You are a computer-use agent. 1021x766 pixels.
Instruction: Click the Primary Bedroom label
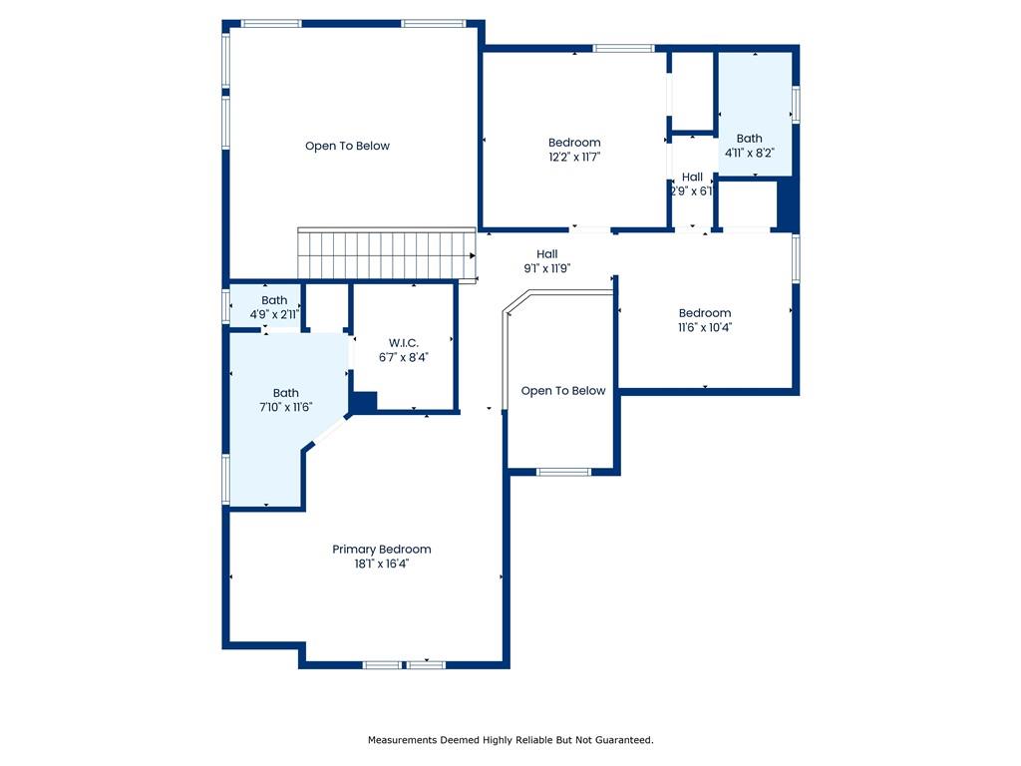[381, 550]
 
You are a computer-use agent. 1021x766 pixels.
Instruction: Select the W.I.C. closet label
[404, 342]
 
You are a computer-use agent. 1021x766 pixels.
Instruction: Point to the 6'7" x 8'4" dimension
[404, 357]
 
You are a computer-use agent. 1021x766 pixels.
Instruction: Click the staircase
[385, 255]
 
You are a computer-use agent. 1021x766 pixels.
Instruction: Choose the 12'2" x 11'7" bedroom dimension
[574, 157]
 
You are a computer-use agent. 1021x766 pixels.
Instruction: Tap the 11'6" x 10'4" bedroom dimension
[705, 327]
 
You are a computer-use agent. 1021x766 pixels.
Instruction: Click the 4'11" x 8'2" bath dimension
[750, 153]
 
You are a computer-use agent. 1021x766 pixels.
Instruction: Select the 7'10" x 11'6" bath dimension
[286, 407]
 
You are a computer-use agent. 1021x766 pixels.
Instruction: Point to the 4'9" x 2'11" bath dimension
[274, 314]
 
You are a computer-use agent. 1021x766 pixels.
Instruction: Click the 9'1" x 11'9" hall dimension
[546, 268]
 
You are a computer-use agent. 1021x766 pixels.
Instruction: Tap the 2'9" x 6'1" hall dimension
[692, 191]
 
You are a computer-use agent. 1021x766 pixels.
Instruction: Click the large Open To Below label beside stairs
[347, 146]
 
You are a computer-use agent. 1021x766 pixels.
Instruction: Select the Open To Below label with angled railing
[563, 391]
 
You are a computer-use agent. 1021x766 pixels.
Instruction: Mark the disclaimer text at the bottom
[510, 740]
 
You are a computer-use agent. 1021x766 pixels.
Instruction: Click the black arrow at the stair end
[473, 255]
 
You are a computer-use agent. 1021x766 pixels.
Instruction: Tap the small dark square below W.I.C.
[364, 402]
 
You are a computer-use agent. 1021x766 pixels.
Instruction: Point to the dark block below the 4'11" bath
[787, 205]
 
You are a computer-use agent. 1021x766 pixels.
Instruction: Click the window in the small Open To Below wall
[563, 472]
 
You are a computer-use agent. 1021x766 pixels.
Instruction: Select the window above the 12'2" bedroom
[623, 48]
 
